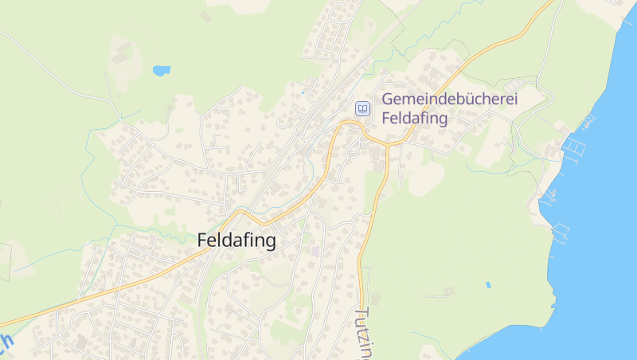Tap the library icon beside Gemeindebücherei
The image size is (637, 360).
(362, 108)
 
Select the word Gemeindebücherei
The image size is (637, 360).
(450, 100)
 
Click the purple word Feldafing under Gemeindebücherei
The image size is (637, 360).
(415, 118)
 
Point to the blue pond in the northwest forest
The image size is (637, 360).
(162, 70)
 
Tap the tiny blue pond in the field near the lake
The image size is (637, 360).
(488, 284)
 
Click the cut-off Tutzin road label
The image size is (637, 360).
(363, 333)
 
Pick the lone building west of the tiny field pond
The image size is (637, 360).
(448, 292)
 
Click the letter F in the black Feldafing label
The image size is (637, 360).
(202, 241)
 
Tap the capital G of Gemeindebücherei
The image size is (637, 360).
(389, 100)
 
